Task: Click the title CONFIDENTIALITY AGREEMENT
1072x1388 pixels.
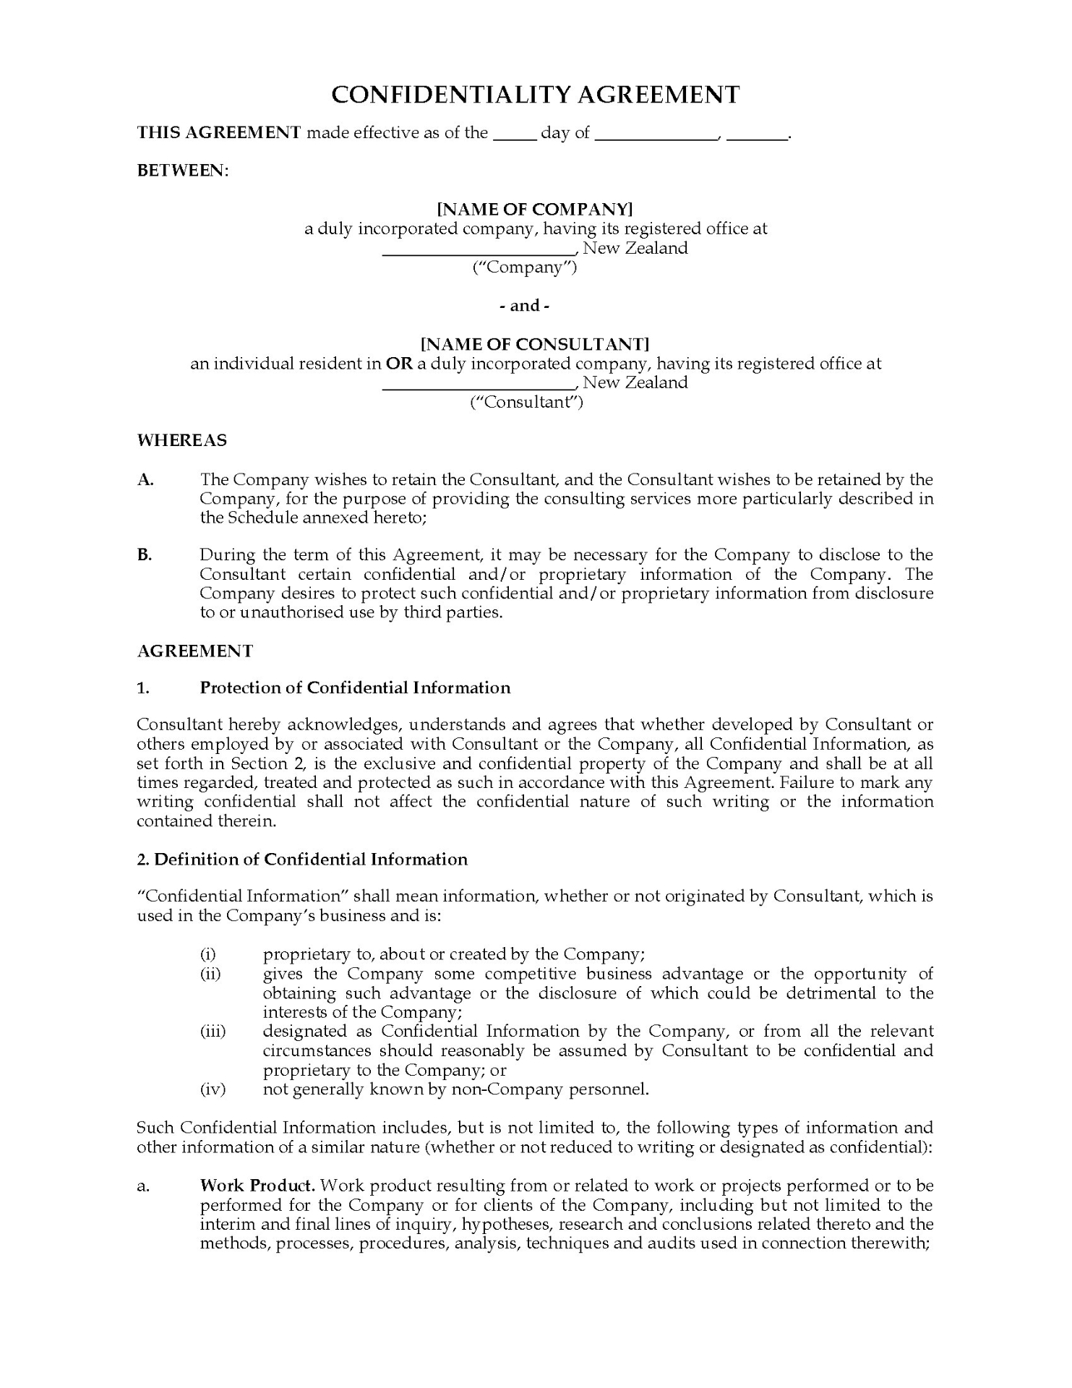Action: coord(535,95)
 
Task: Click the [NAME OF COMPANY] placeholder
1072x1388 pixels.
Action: coord(535,209)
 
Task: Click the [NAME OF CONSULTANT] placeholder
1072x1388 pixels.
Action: coord(535,343)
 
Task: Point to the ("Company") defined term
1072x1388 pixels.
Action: coord(525,267)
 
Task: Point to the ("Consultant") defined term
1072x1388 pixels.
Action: coord(526,402)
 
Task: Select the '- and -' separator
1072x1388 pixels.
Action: coord(525,306)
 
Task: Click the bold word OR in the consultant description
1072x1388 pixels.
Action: coord(399,363)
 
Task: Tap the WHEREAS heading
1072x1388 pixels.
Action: coord(182,440)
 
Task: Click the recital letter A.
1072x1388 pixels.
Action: coord(145,480)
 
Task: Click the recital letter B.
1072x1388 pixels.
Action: coord(145,555)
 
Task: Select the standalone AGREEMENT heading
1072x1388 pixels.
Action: coord(195,651)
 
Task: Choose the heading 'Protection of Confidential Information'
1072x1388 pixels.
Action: coord(355,687)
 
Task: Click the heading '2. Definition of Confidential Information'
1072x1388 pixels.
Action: coord(302,859)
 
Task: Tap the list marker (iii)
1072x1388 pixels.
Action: coord(213,1032)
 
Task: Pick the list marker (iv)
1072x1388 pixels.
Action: coord(213,1089)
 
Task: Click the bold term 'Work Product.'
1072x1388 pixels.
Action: coord(257,1186)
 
